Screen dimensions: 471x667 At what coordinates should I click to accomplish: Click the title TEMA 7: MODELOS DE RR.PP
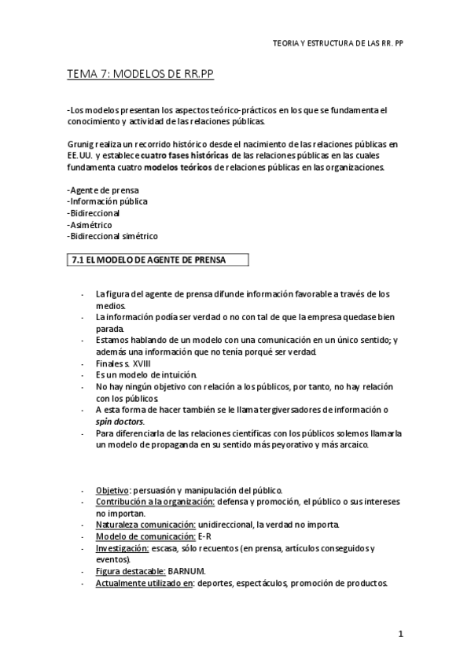142,74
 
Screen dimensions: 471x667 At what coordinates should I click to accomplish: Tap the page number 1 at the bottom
400,634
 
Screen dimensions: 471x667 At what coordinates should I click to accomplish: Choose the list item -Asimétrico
90,224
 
